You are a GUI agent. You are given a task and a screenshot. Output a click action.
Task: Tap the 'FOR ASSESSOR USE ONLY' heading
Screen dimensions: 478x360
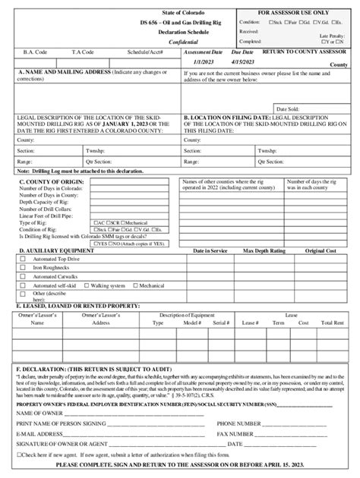295,14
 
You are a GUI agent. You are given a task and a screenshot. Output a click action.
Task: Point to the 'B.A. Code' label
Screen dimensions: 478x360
36,52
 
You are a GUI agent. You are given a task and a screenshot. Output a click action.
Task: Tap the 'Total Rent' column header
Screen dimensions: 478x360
332,322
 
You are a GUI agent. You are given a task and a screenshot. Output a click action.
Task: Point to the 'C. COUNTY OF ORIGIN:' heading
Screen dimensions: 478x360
50,183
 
